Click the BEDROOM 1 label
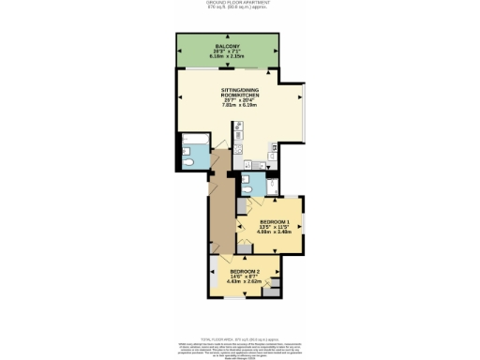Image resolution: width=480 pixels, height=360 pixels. pos(275,221)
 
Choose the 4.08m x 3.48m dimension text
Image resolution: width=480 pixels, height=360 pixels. pos(275,232)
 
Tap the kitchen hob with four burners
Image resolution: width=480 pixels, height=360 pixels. pos(238,148)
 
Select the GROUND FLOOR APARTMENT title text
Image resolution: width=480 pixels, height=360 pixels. pos(239,4)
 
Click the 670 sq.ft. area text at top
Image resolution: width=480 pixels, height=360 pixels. pos(239,9)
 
